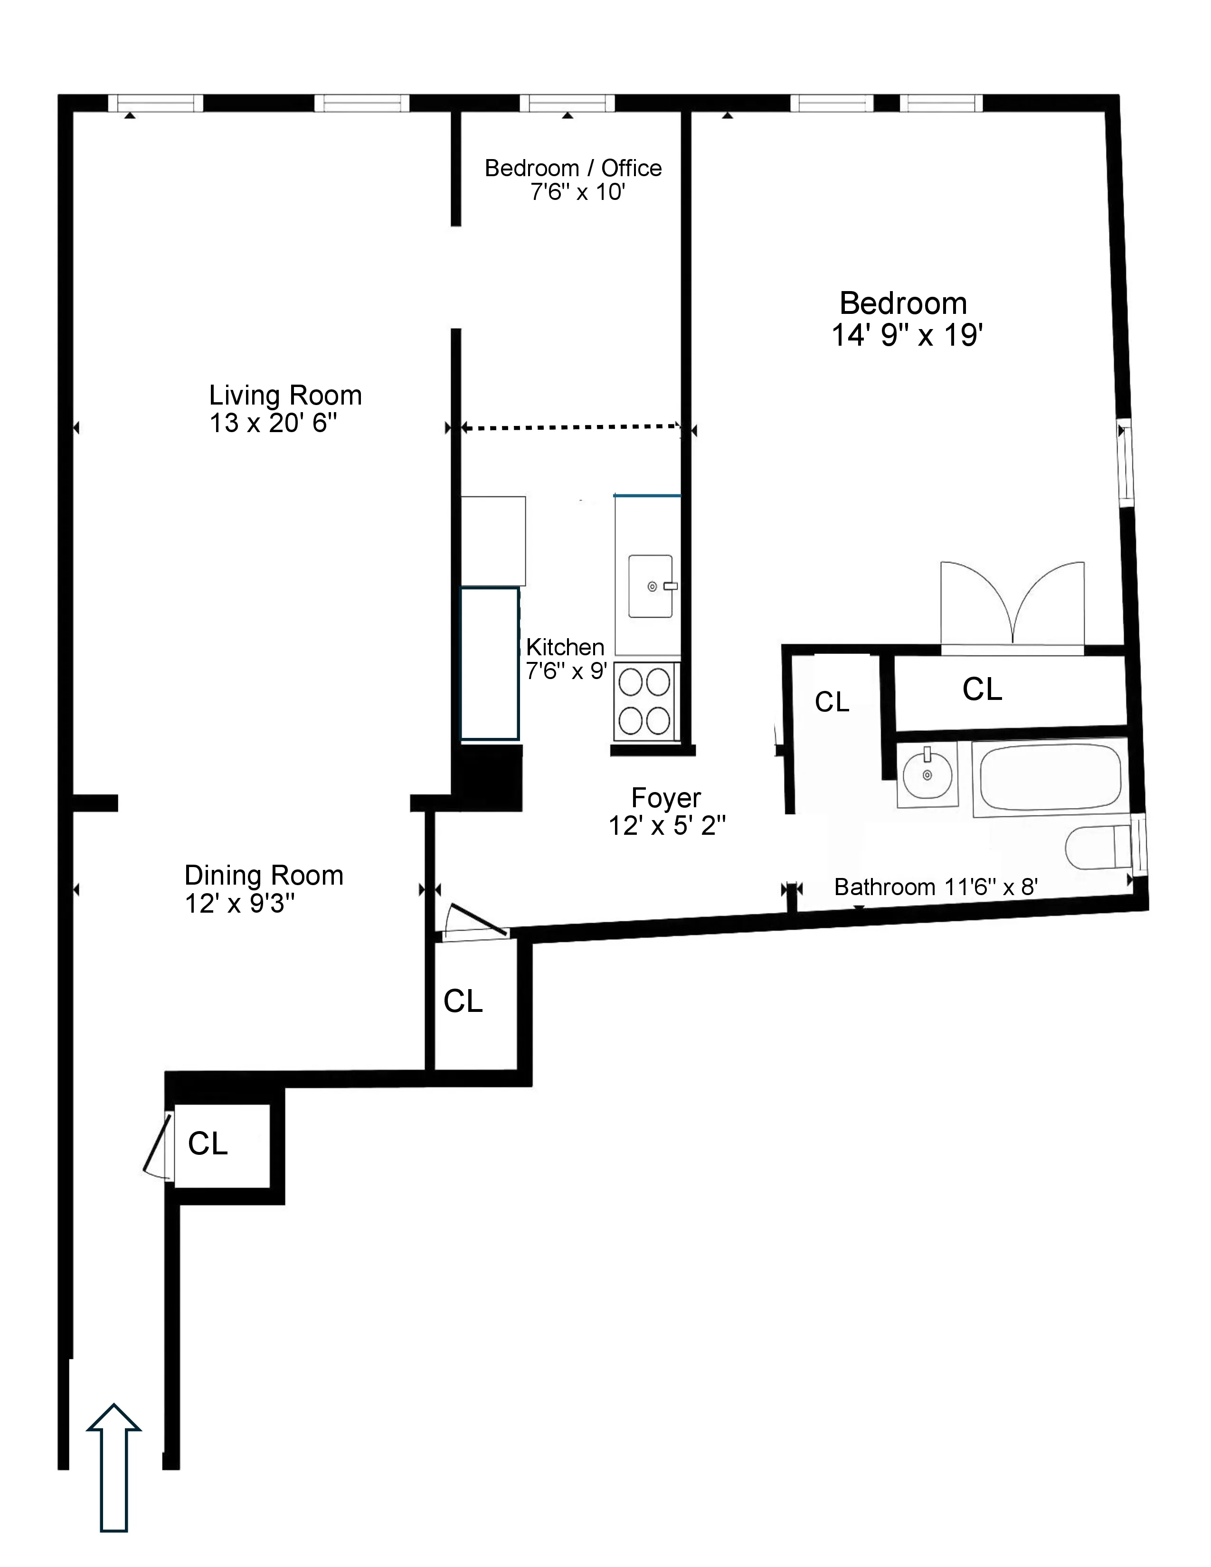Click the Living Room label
click(285, 396)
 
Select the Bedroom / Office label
click(573, 168)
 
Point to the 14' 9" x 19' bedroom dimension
click(906, 336)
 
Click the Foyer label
click(666, 798)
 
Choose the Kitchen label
click(565, 647)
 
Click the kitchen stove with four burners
click(644, 701)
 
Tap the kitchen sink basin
click(650, 586)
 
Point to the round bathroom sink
click(927, 775)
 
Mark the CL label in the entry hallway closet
click(208, 1144)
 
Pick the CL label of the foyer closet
click(463, 1001)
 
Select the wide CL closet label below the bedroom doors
click(982, 689)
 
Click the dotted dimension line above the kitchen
click(570, 428)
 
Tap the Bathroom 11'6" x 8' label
click(936, 887)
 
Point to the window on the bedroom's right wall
click(1125, 463)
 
